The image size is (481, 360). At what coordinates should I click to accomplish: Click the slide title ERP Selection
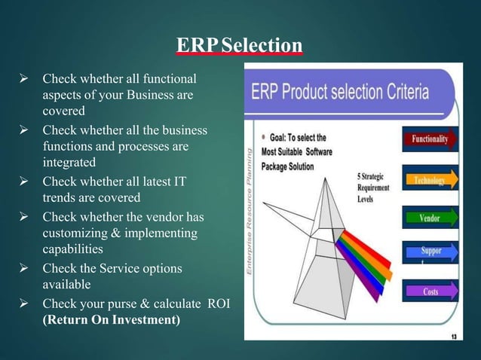[x=240, y=46]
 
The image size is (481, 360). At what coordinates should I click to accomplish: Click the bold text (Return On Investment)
[x=112, y=319]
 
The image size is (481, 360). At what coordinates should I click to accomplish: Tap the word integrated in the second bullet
[x=69, y=162]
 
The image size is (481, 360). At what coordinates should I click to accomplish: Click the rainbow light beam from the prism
[x=364, y=252]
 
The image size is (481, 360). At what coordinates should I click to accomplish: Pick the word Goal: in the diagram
[x=280, y=138]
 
